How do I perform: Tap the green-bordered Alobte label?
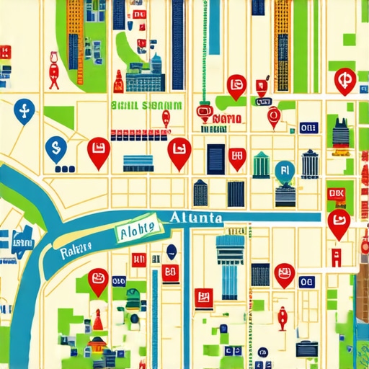point(137,231)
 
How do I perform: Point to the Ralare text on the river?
point(75,249)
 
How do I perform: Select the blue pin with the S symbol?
point(53,149)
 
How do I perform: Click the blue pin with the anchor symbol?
point(25,111)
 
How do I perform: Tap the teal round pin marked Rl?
point(285,171)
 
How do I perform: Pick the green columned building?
point(262,166)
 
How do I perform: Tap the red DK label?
point(337,193)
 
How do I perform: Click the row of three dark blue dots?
point(65,169)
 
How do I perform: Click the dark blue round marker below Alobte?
point(172,252)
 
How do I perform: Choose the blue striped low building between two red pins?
point(138,162)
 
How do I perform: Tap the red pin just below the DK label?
point(337,223)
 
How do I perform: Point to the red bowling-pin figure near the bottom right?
point(282,318)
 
